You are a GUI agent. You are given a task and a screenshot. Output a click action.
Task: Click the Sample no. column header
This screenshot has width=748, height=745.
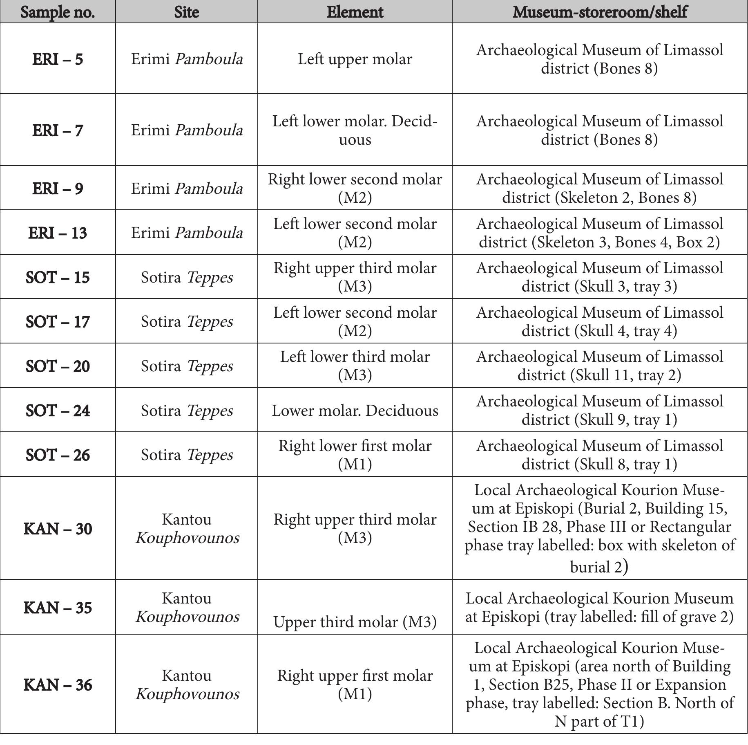58,12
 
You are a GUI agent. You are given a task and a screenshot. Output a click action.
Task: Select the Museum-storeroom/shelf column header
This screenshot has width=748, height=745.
599,12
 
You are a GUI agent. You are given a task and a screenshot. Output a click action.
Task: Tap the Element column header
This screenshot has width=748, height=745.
355,12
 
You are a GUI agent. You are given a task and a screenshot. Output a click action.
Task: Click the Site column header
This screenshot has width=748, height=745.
186,12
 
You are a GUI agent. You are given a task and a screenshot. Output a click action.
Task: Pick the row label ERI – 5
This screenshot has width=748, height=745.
58,59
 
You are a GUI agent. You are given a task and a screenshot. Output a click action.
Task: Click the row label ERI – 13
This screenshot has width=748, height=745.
58,233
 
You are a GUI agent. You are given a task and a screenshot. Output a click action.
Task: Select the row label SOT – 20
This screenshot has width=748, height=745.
58,366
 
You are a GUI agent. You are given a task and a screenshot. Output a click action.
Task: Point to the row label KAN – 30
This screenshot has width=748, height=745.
58,528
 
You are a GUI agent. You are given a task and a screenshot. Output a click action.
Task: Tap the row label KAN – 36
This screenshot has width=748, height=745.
58,684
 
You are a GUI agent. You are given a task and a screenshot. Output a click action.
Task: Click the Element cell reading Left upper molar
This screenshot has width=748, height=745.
355,59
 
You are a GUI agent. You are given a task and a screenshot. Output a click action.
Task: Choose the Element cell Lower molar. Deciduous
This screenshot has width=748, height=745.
355,410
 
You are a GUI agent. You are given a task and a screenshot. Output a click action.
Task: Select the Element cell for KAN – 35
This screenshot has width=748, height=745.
355,622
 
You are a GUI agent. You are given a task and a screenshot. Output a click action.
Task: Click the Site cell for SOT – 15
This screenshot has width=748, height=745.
187,277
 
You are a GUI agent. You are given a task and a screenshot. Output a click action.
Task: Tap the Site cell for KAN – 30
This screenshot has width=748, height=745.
187,528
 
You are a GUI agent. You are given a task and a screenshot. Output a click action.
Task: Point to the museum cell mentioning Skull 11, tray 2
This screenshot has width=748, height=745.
599,366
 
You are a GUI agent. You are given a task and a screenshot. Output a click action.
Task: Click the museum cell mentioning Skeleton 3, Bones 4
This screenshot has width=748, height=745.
599,233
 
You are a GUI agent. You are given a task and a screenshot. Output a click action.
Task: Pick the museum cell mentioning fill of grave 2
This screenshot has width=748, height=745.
599,607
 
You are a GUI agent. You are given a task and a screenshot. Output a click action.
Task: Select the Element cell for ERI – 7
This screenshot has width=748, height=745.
355,130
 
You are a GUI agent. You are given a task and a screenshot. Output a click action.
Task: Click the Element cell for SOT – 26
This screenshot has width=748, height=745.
355,455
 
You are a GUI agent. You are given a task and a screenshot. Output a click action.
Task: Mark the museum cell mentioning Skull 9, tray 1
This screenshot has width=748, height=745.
599,410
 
